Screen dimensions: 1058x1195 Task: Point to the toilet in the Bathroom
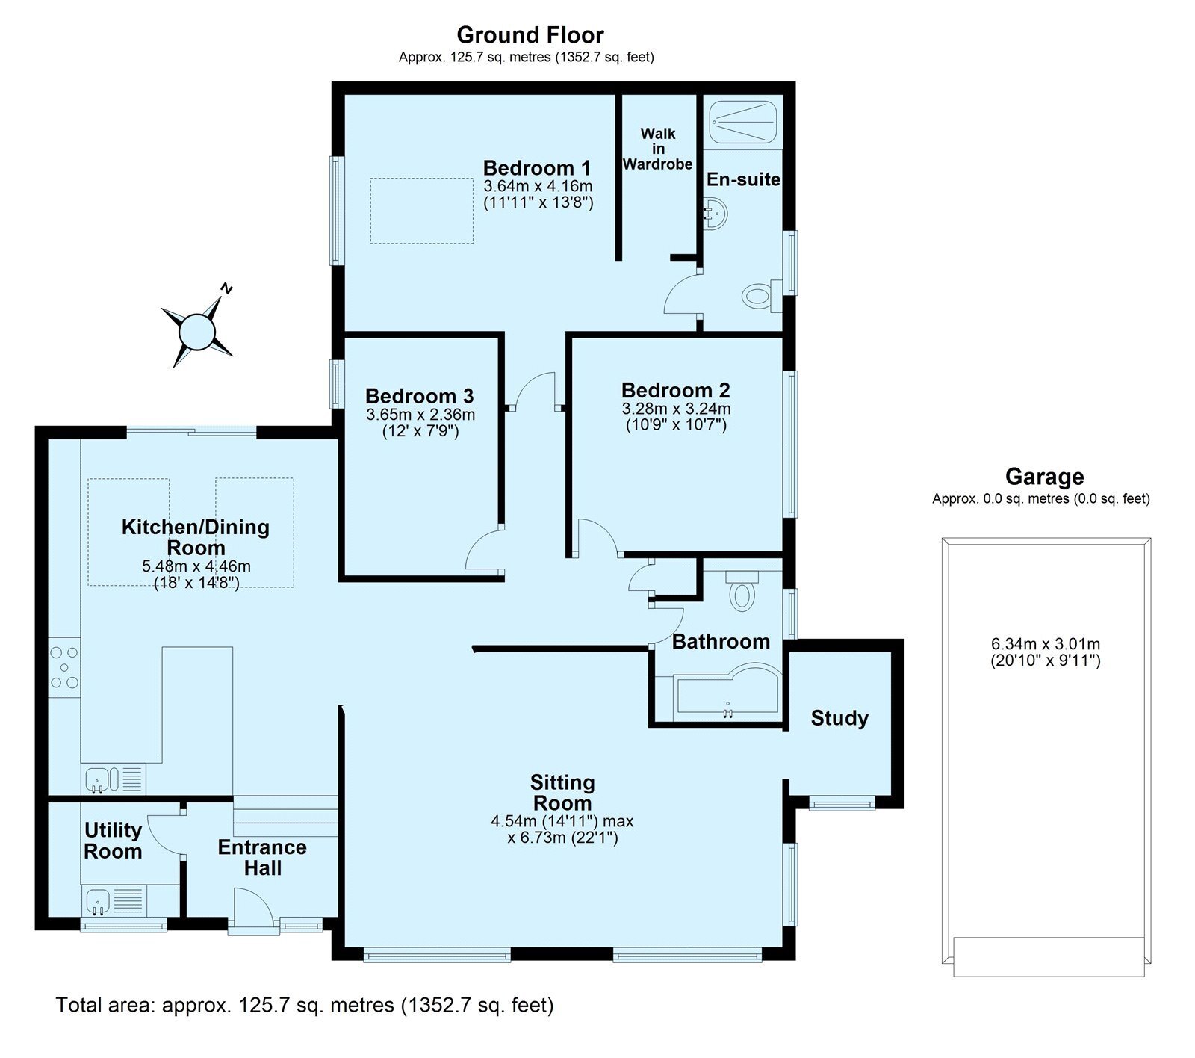(742, 590)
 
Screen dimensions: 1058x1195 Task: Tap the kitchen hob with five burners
(64, 667)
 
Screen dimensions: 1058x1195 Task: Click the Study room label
(839, 718)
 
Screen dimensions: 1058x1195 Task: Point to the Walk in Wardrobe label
(657, 149)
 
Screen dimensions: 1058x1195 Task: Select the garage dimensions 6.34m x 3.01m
(1045, 652)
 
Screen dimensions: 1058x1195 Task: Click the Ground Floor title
(530, 35)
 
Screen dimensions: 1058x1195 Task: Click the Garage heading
(1043, 476)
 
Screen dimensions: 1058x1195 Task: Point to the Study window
(842, 805)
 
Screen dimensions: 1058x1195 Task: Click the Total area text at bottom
(305, 1005)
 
